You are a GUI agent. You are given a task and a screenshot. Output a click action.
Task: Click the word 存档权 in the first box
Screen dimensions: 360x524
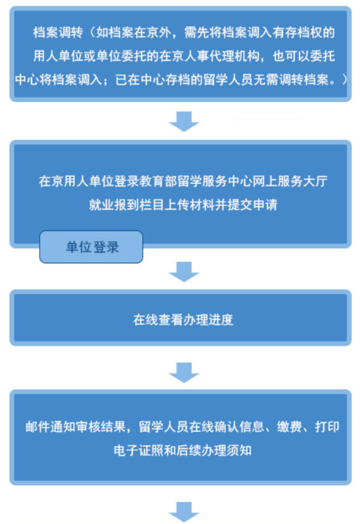pos(304,32)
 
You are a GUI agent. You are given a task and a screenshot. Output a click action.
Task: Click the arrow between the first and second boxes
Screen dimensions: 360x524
pos(184,122)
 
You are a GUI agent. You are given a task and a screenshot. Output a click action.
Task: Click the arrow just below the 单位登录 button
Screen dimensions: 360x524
pos(184,272)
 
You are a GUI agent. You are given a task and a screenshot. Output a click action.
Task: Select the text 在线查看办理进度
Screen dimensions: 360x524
pos(183,320)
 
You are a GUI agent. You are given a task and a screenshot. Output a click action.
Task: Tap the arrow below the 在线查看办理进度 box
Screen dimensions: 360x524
pos(184,373)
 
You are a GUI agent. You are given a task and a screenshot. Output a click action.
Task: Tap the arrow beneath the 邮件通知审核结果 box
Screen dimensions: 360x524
pos(184,512)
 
